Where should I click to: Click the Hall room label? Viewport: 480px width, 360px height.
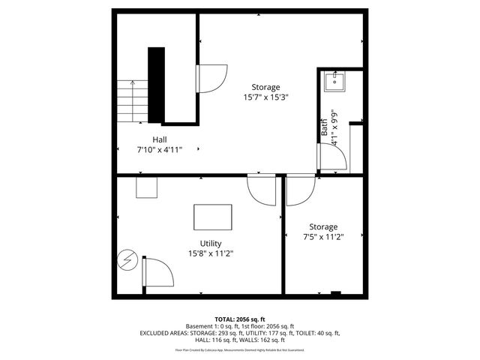(160, 139)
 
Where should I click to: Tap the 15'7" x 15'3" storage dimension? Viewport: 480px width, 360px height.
(266, 97)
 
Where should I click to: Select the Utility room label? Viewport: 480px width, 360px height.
(210, 243)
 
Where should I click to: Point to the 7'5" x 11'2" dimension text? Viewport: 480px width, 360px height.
(322, 237)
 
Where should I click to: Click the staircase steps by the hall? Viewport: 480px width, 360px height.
(133, 101)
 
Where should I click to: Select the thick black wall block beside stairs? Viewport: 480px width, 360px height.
(156, 85)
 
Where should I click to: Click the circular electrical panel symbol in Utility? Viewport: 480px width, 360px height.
(127, 261)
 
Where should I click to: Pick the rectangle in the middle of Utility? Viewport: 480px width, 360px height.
(213, 217)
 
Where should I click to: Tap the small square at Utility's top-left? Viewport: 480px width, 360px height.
(145, 187)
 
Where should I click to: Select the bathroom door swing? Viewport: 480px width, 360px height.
(332, 157)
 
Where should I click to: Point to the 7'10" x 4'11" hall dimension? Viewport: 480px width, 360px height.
(160, 149)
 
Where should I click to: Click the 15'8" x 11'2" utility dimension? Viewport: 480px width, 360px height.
(210, 253)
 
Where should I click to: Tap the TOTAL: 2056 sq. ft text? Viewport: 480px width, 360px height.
(240, 319)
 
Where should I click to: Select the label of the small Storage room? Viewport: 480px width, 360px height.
(322, 226)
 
